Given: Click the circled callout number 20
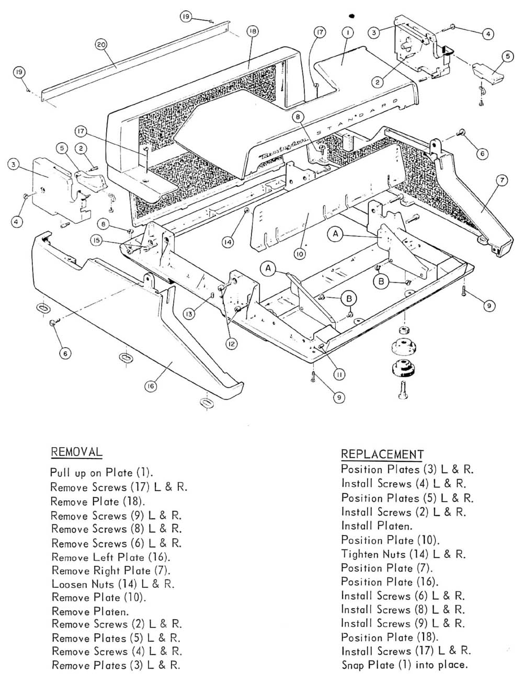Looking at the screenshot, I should coord(101,45).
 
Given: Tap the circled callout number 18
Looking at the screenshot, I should coord(252,32).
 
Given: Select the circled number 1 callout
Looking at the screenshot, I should coord(346,32).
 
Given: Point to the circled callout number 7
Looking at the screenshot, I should coord(501,181).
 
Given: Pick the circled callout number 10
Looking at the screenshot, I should coord(299,254).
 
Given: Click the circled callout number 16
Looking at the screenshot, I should coord(151,386).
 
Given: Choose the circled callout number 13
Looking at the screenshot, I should coord(189,313).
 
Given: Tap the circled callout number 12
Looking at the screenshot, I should coord(231,344).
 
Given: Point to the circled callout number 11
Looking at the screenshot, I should coord(339,374).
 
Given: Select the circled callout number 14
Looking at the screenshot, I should coord(227,242).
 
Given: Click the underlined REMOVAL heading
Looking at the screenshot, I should coord(76,452).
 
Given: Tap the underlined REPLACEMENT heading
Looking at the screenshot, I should coord(382,454).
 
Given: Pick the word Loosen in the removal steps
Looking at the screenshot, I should coord(68,584).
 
